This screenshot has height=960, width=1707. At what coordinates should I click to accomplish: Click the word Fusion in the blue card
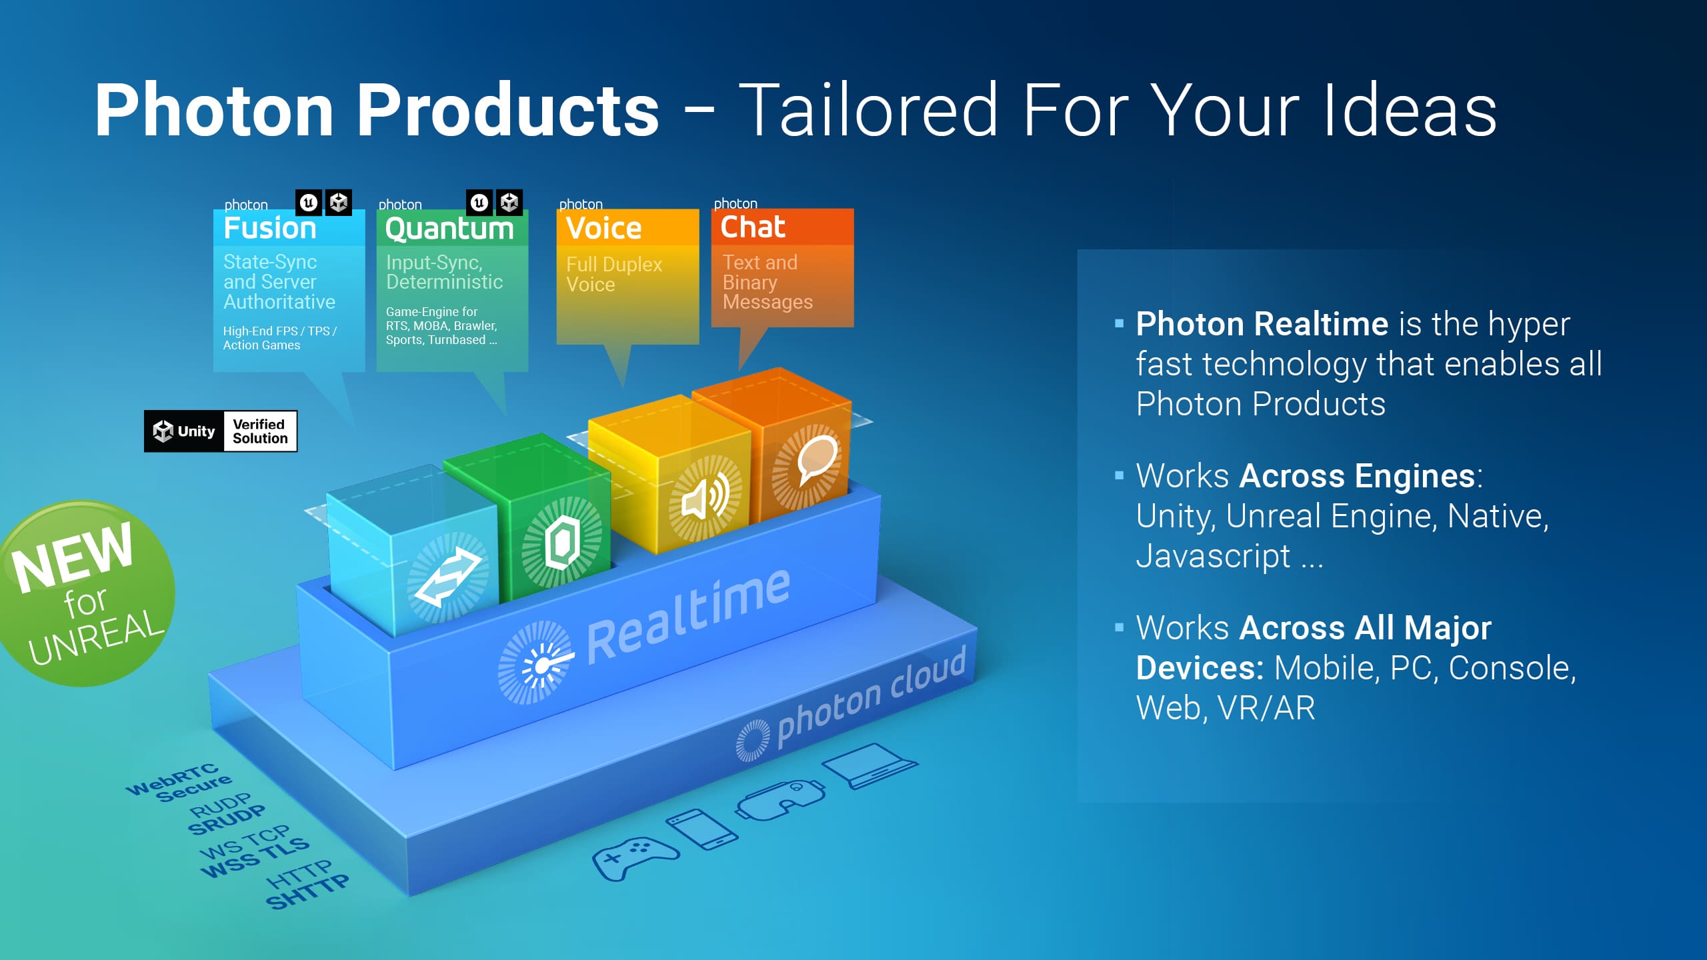tap(270, 228)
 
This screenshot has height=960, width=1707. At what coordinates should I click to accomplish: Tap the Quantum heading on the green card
tap(449, 229)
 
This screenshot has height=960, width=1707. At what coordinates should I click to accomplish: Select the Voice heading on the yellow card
tap(603, 228)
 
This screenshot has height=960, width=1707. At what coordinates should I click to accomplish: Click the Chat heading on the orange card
tap(753, 227)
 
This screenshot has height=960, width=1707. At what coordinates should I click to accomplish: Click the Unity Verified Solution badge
tap(221, 431)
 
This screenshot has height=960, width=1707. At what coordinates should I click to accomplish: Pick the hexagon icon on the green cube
tap(562, 541)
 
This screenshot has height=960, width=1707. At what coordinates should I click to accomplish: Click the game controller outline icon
tap(635, 858)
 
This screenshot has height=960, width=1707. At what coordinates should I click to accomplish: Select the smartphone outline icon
tap(702, 829)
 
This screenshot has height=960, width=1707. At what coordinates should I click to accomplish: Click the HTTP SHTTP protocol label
tap(307, 884)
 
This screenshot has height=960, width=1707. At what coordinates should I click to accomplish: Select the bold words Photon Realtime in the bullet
tap(1262, 324)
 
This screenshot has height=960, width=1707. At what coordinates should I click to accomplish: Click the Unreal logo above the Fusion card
tap(309, 202)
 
